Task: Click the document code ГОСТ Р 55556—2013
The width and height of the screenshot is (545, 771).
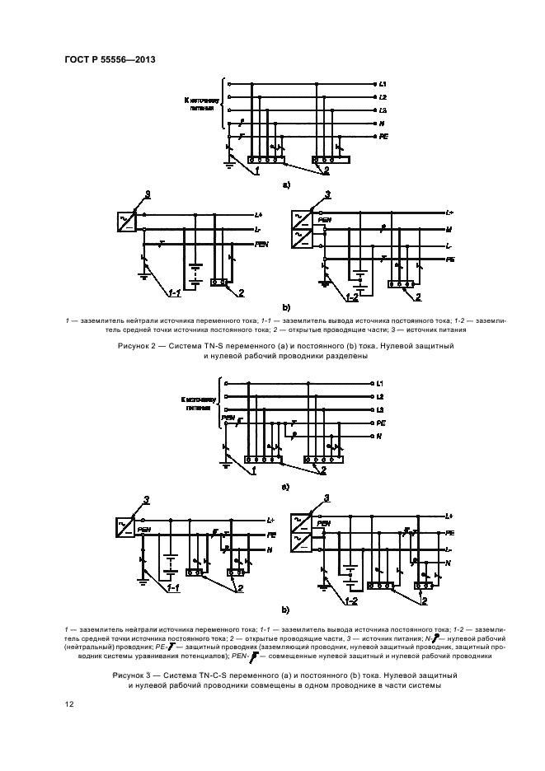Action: (110, 59)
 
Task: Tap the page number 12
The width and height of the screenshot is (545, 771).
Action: (69, 704)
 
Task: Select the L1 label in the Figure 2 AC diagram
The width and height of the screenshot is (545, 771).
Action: (383, 85)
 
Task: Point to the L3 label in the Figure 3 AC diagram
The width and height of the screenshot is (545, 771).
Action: (381, 409)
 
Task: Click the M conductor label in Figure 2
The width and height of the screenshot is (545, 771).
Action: (449, 228)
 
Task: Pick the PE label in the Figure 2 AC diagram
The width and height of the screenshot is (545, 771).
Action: (383, 136)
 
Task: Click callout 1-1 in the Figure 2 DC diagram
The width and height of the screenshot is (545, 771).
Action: (174, 292)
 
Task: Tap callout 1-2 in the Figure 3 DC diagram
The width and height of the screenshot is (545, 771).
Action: (352, 600)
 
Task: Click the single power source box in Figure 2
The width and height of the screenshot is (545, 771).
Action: (127, 220)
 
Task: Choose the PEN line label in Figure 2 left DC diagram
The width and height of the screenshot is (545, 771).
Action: (261, 244)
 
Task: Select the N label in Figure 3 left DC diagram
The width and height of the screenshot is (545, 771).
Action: (270, 549)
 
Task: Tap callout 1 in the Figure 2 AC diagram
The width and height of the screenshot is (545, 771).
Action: (256, 171)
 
